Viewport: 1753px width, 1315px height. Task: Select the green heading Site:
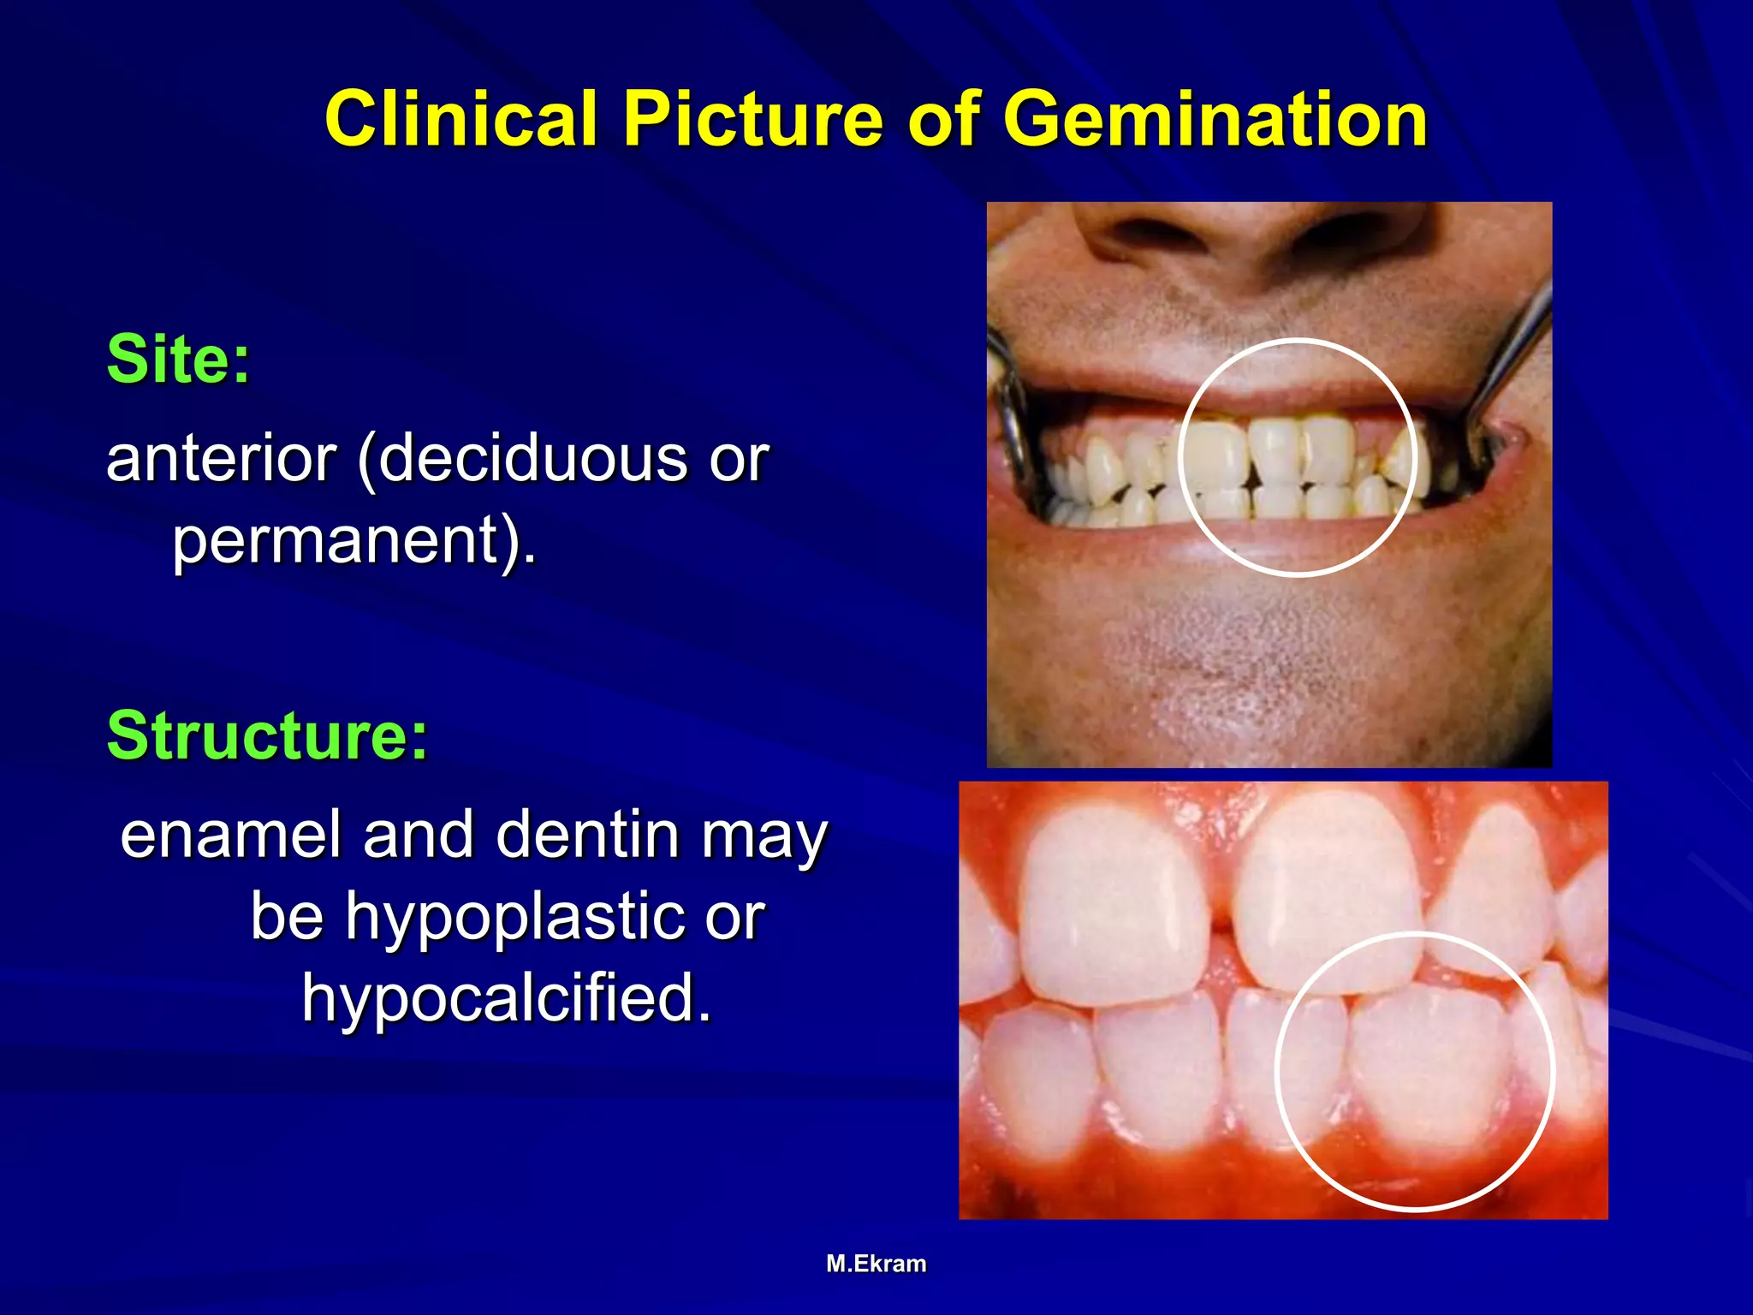(x=178, y=360)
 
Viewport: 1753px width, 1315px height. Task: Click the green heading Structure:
(x=267, y=735)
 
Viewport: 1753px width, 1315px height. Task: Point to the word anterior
(x=221, y=459)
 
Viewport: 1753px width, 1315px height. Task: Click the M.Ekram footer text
(x=876, y=1264)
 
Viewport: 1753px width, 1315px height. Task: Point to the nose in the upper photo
(x=1250, y=231)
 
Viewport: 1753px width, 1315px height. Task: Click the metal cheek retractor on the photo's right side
(x=1511, y=360)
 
